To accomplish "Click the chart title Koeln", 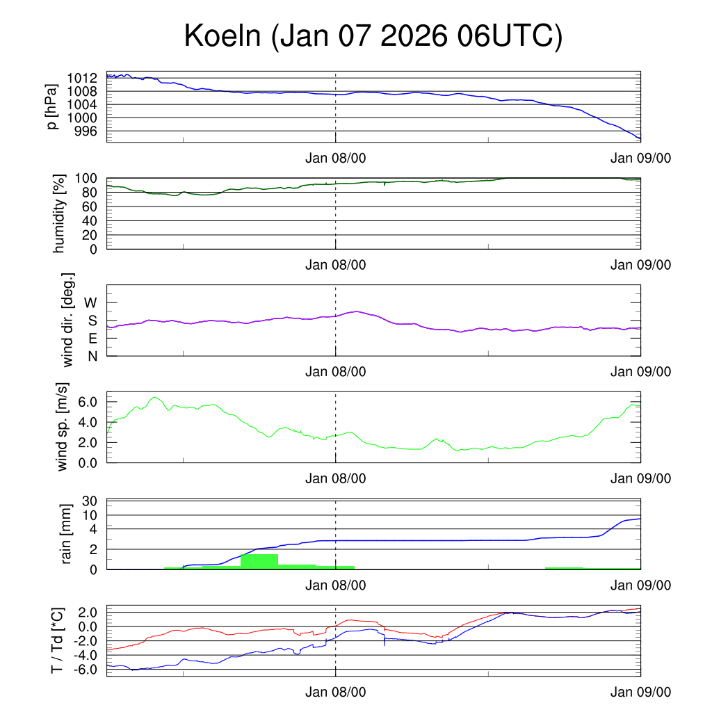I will point(373,36).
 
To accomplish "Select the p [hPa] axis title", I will point(52,106).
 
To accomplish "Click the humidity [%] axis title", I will point(59,213).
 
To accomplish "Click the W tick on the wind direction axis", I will point(90,302).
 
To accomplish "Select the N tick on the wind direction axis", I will point(91,355).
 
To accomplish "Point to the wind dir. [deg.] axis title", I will point(67,320).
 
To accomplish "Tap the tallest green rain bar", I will point(259,561).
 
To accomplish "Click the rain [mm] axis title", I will point(67,534).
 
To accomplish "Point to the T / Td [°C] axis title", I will point(59,640).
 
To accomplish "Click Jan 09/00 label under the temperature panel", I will point(640,693).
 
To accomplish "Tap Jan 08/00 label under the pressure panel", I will point(335,158).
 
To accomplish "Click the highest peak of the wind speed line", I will point(155,397).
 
